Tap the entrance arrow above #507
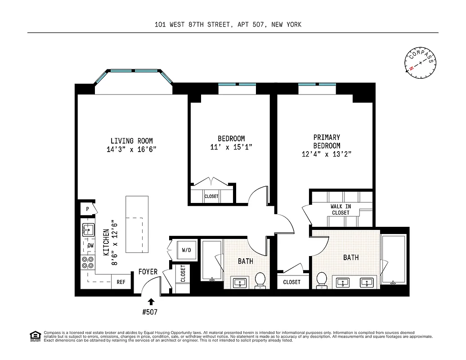pyautogui.click(x=151, y=301)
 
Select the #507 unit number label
pyautogui.click(x=150, y=311)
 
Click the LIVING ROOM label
pyautogui.click(x=131, y=141)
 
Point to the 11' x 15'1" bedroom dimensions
pyautogui.click(x=231, y=147)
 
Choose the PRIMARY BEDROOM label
pyautogui.click(x=327, y=141)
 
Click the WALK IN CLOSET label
pyautogui.click(x=341, y=210)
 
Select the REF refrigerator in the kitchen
pyautogui.click(x=121, y=282)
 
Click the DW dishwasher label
pyautogui.click(x=90, y=245)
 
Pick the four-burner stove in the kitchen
pyautogui.click(x=88, y=263)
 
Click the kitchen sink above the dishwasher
pyautogui.click(x=88, y=230)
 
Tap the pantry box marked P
pyautogui.click(x=88, y=209)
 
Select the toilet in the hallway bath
pyautogui.click(x=260, y=280)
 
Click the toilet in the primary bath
pyautogui.click(x=321, y=279)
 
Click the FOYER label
pyautogui.click(x=148, y=272)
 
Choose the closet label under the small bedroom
pyautogui.click(x=211, y=197)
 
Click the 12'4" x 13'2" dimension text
pyautogui.click(x=326, y=154)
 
